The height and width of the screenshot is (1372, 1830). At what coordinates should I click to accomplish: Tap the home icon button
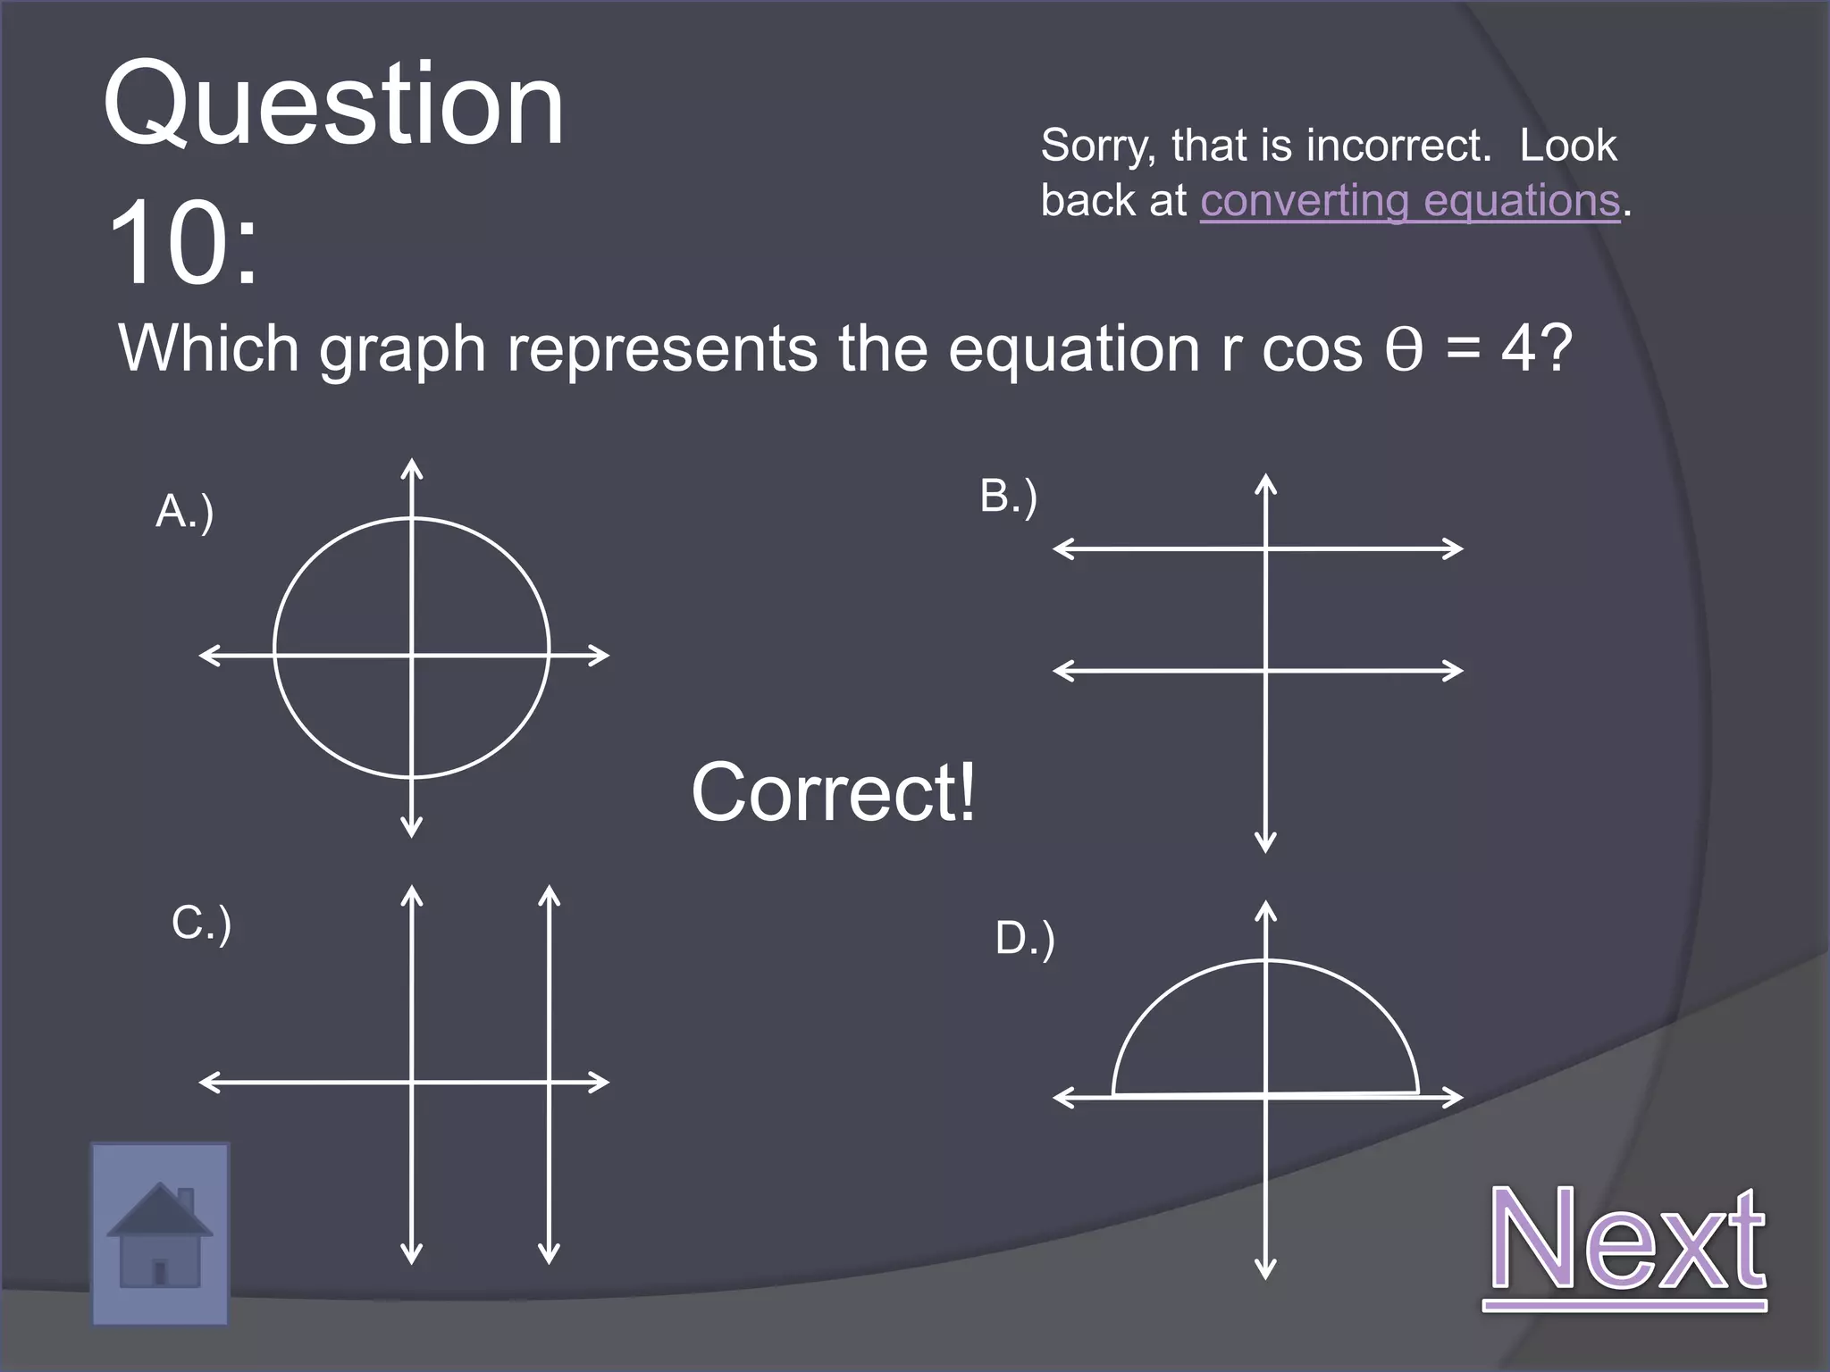(160, 1234)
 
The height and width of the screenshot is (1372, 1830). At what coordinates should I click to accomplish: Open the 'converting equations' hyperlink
(1409, 201)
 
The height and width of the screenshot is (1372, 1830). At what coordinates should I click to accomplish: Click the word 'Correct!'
(834, 792)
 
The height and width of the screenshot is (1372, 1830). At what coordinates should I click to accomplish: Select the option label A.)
(185, 512)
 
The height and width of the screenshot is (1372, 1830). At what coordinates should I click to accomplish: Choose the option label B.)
(1008, 497)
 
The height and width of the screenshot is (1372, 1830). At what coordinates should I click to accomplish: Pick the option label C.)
(201, 923)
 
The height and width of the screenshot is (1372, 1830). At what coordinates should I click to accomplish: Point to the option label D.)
(1025, 939)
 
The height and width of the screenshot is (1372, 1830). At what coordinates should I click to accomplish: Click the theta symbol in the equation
(1403, 349)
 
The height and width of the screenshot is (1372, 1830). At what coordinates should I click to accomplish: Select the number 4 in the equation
(1518, 349)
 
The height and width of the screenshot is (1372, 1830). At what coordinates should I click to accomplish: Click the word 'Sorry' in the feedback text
(1097, 146)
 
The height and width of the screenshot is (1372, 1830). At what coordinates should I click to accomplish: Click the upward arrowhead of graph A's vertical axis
(411, 466)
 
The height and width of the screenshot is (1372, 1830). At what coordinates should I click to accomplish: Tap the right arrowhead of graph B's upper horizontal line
(1455, 548)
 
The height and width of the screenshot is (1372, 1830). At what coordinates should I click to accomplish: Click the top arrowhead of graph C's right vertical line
(550, 893)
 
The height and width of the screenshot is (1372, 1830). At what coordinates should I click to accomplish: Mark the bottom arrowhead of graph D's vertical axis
(1265, 1270)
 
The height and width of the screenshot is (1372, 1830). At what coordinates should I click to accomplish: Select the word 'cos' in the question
(1312, 349)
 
